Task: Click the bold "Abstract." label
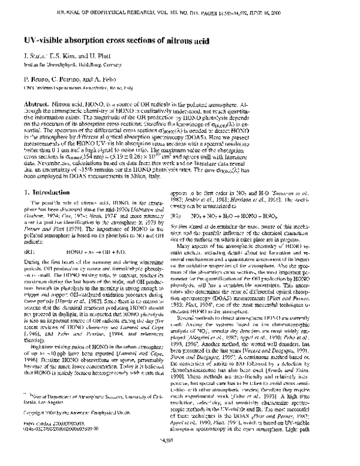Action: (x=36, y=104)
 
